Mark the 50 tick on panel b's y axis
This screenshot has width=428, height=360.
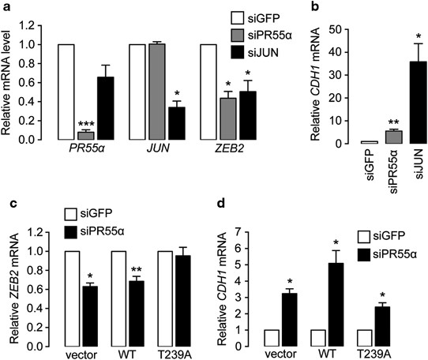point(342,28)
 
